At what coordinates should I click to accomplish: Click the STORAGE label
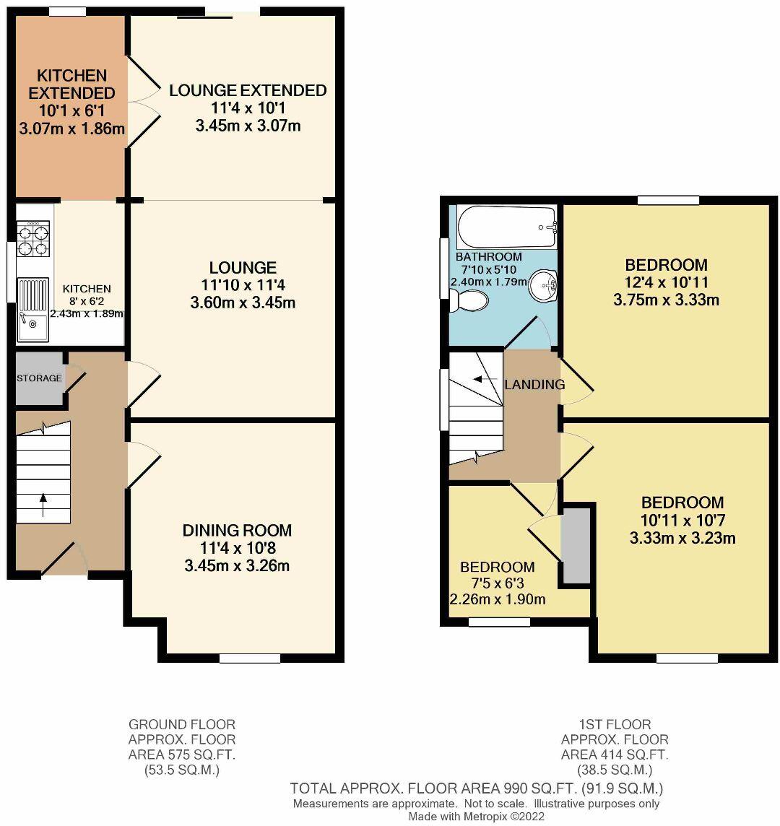pyautogui.click(x=40, y=378)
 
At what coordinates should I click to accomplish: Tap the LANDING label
pyautogui.click(x=534, y=384)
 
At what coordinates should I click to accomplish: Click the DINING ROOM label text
pyautogui.click(x=237, y=531)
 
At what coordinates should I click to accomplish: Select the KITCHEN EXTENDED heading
pyautogui.click(x=71, y=84)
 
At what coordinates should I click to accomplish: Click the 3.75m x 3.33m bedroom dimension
pyautogui.click(x=666, y=300)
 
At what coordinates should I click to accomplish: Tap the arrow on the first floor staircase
pyautogui.click(x=482, y=379)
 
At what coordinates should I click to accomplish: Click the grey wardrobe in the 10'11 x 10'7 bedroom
pyautogui.click(x=576, y=544)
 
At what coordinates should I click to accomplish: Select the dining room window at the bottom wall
pyautogui.click(x=250, y=658)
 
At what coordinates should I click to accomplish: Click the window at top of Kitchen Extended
pyautogui.click(x=67, y=12)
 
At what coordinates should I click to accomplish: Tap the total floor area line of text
pyautogui.click(x=476, y=788)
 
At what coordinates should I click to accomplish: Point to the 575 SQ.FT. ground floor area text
pyautogui.click(x=182, y=755)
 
